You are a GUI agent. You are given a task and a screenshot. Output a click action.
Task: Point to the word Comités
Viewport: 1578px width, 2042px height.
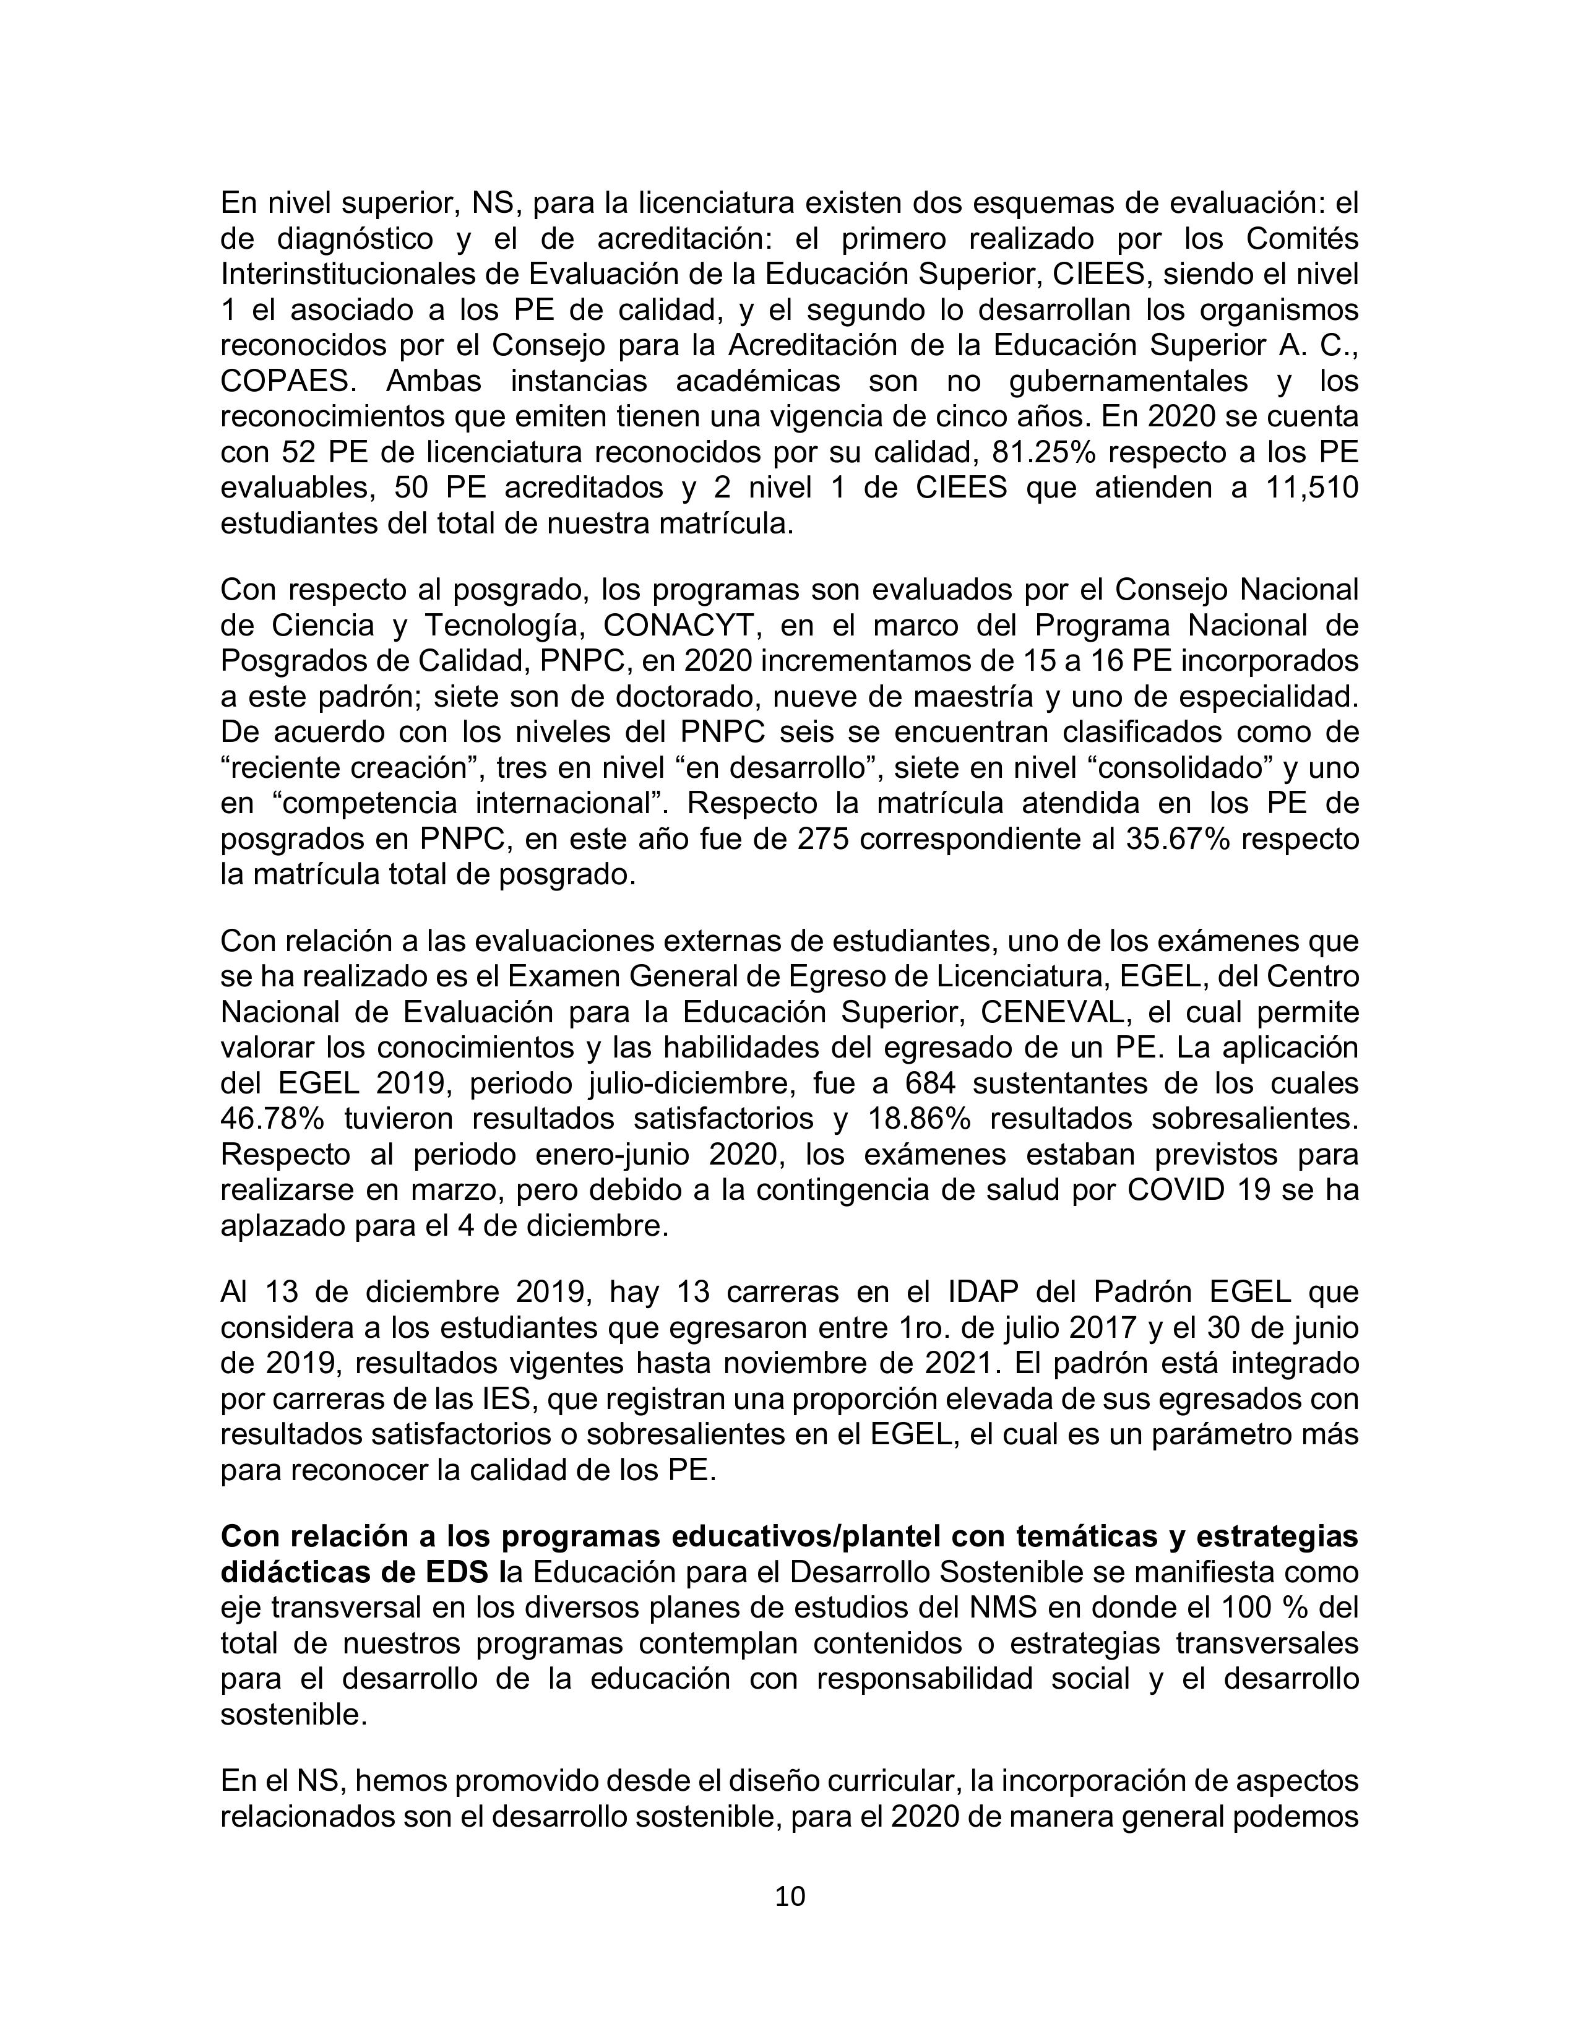click(1301, 239)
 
